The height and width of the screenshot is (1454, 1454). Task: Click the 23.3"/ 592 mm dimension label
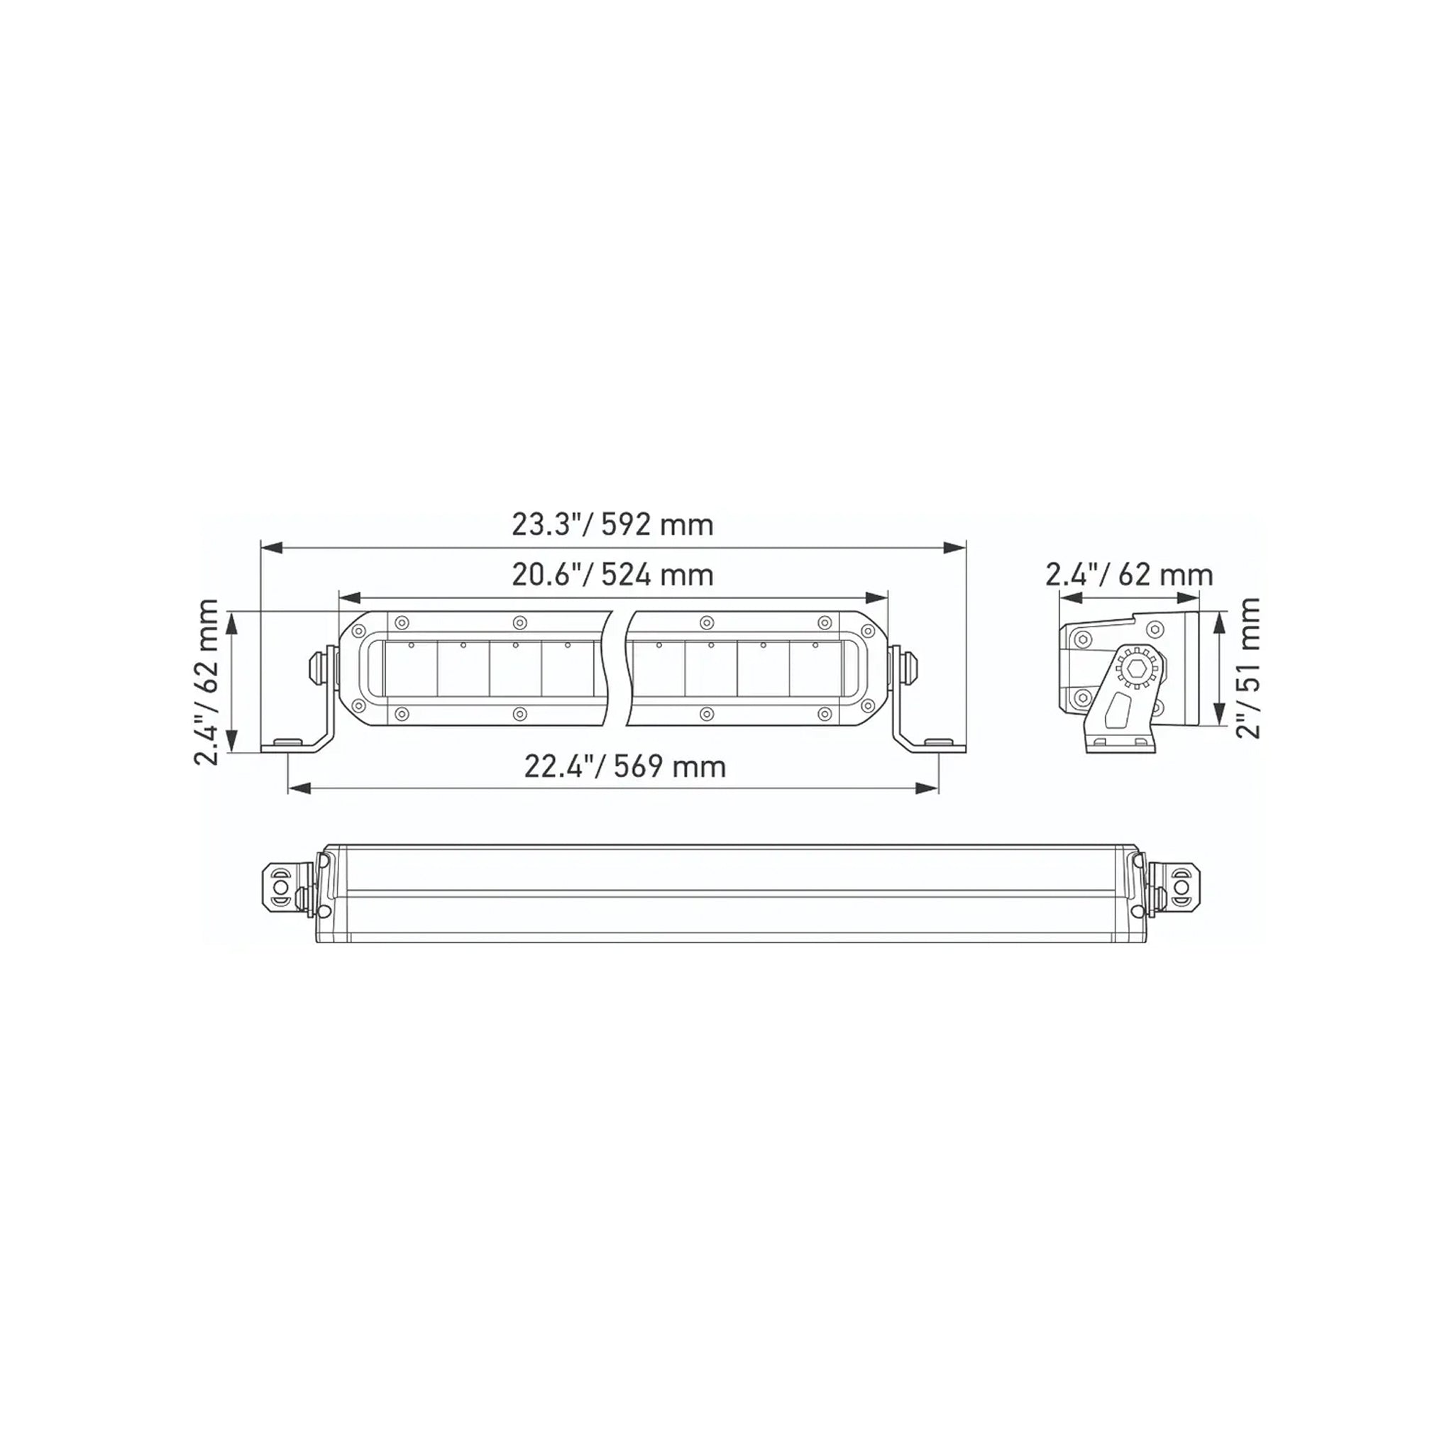[612, 524]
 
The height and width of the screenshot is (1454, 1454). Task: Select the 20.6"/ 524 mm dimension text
[612, 575]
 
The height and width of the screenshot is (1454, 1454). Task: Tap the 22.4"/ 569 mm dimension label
[624, 767]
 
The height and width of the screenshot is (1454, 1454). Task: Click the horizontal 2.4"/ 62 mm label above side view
[1129, 575]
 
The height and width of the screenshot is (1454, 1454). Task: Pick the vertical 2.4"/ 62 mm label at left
[206, 682]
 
